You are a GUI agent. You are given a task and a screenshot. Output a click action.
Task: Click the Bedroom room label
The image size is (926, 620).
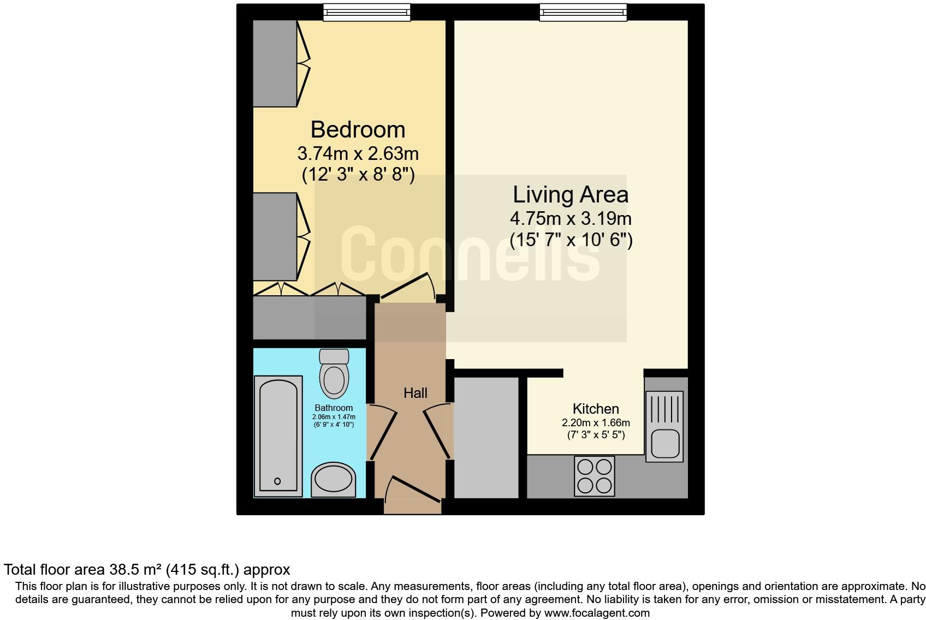click(x=358, y=130)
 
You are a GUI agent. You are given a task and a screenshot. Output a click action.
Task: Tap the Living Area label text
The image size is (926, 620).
click(x=570, y=195)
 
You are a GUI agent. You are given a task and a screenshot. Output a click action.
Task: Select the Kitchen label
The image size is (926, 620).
click(x=595, y=409)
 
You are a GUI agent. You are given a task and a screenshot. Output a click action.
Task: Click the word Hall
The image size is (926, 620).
click(x=415, y=393)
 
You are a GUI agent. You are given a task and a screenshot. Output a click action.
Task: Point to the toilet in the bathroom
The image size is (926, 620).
click(x=334, y=375)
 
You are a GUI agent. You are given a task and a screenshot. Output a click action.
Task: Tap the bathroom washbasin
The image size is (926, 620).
click(x=333, y=480)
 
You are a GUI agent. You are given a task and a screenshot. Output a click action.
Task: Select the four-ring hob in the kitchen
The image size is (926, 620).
click(x=595, y=476)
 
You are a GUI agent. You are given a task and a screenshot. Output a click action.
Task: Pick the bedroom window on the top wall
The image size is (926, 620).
click(x=366, y=12)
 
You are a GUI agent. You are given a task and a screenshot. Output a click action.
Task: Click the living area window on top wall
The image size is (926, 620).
click(x=583, y=12)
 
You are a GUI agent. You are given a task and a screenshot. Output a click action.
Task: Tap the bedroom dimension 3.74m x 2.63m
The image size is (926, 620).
click(x=358, y=153)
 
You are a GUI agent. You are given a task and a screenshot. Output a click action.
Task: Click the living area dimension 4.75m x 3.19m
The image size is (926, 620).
click(x=570, y=219)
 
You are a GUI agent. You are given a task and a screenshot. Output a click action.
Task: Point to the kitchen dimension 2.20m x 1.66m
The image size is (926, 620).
click(x=595, y=423)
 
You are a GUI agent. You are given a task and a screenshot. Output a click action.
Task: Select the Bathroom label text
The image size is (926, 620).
click(x=334, y=408)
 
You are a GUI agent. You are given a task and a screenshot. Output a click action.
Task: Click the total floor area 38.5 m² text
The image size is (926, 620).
click(x=146, y=570)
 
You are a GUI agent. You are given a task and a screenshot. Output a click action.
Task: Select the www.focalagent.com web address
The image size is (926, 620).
click(x=597, y=613)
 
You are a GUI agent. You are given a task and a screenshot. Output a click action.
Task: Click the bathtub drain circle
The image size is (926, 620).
click(x=277, y=481)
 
